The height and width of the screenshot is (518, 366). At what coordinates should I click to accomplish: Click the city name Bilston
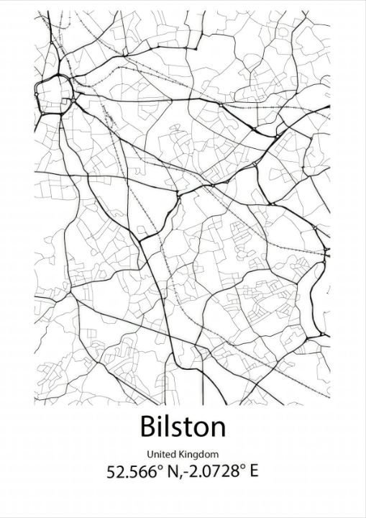click(183, 427)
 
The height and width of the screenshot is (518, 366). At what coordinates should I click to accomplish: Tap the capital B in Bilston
click(150, 427)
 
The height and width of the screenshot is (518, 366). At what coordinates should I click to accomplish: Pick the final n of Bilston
click(217, 429)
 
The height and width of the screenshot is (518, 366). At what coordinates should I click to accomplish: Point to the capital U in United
click(150, 454)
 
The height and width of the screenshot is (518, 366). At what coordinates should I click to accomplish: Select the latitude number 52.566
click(128, 472)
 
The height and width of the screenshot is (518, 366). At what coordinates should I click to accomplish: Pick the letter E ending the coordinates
click(252, 472)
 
